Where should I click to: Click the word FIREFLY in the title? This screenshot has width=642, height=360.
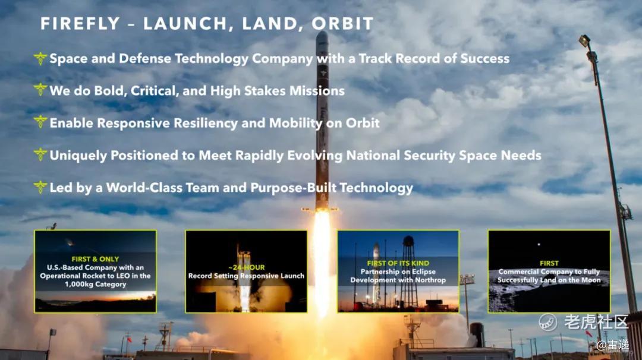[x=80, y=24]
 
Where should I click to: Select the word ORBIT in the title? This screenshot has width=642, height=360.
[x=342, y=24]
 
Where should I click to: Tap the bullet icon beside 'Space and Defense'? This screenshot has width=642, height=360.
[x=40, y=58]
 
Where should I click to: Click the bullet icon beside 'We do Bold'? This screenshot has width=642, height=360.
[x=40, y=90]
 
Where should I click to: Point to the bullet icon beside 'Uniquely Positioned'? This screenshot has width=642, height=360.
[x=40, y=154]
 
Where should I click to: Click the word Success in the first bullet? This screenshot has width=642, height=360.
[x=485, y=58]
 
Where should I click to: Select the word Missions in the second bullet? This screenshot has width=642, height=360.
[x=317, y=90]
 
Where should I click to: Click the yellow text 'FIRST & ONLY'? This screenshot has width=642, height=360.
[x=95, y=259]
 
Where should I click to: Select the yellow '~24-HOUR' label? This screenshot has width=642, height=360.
[x=247, y=267]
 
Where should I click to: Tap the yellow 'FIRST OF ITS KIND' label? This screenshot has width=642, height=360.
[x=398, y=263]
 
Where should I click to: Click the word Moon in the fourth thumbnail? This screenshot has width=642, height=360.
[x=590, y=280]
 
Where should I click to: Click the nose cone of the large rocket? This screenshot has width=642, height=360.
[x=322, y=37]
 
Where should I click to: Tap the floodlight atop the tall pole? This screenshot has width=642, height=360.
[x=584, y=40]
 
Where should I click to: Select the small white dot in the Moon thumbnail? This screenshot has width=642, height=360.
[x=539, y=244]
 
